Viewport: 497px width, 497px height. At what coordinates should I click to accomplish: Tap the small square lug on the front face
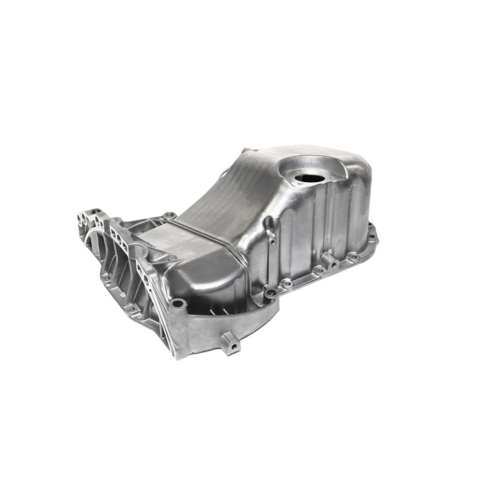click(x=230, y=342)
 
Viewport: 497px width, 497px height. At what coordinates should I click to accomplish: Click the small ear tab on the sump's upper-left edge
click(x=222, y=173)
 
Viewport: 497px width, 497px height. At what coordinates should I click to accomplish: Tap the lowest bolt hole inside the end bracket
click(x=131, y=308)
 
